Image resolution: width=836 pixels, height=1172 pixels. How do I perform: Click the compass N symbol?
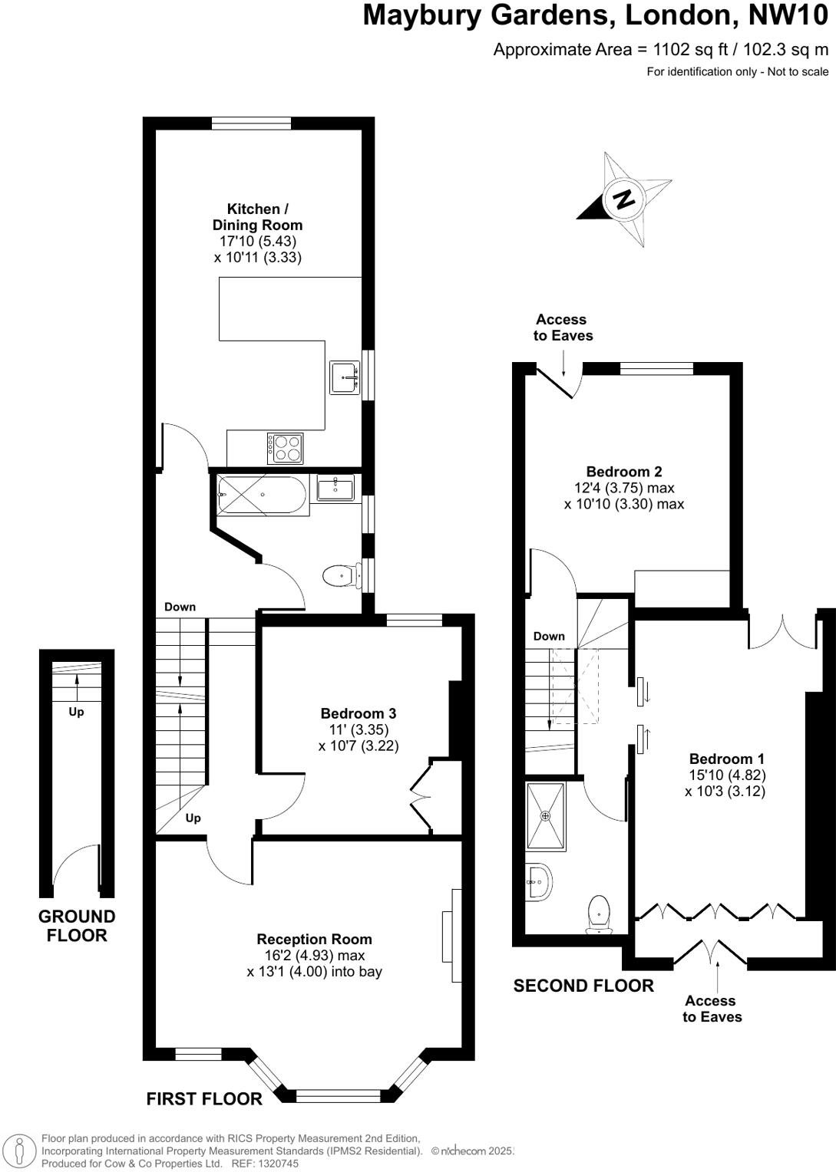pos(624,199)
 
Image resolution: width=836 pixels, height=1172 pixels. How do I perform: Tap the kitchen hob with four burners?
pos(285,448)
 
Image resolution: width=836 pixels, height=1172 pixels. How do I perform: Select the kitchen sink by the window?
pos(345,377)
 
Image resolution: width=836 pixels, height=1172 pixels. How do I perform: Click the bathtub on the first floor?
pos(262,495)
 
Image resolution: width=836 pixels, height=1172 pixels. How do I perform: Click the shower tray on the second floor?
pos(546,816)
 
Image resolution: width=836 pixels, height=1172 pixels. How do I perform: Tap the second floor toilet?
pos(599,915)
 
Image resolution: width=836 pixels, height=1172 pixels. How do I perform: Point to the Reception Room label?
pos(314,939)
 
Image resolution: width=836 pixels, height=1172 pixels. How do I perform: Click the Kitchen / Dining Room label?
pos(257,216)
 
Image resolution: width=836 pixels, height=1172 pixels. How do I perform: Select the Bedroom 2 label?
pos(623,472)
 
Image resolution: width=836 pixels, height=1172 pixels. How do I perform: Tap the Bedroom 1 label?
pos(726,759)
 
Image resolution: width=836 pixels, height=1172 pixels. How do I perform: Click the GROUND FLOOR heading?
pos(77,926)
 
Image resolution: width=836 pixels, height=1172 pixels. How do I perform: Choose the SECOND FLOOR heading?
pos(583,986)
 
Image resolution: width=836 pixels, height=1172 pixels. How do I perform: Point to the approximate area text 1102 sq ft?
pos(660,50)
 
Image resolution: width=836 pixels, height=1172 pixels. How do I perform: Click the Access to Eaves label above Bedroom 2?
pos(563,328)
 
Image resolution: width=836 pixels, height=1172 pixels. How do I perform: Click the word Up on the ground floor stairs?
pos(76,712)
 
